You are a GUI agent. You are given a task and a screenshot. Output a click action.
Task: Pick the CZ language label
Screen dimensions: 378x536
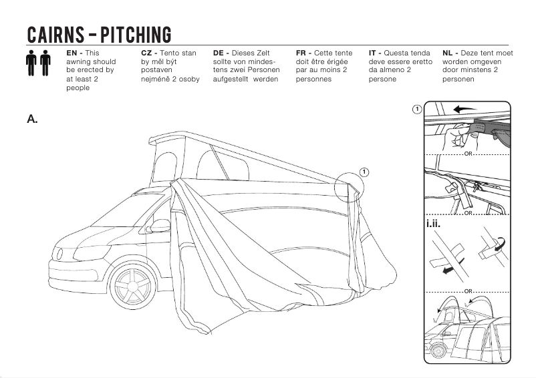point(148,52)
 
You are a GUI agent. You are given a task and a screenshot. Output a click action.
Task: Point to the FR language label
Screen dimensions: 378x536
point(301,52)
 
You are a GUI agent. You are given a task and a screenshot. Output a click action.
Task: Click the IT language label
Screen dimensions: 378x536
point(374,52)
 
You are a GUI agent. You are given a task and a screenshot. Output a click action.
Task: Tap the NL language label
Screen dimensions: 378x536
point(448,52)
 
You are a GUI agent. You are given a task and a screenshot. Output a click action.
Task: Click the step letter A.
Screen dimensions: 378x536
point(32,120)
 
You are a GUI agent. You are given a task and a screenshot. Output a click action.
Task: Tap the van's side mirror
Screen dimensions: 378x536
point(160,226)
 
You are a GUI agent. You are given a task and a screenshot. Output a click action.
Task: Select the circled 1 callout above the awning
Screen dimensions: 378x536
point(364,172)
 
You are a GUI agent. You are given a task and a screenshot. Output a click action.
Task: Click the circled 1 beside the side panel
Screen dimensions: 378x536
point(417,108)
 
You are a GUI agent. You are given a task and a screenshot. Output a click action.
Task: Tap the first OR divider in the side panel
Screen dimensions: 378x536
point(468,154)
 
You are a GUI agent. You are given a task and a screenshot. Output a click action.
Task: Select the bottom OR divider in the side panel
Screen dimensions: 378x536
point(468,292)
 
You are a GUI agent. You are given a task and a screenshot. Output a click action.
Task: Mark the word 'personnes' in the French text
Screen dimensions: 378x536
point(313,79)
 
